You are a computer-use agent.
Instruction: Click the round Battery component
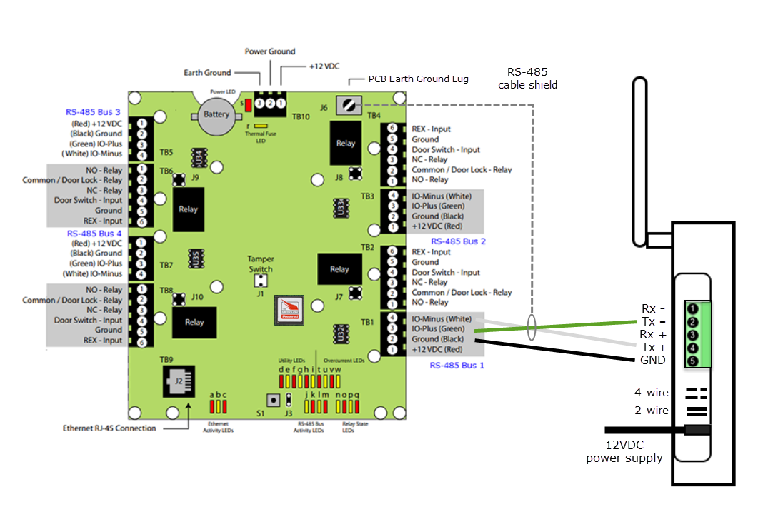tap(216, 115)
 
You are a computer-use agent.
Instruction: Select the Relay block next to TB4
tap(346, 143)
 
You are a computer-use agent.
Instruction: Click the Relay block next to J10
tap(194, 322)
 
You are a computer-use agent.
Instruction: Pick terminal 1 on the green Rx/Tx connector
tap(692, 309)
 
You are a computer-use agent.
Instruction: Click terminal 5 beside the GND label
tap(692, 361)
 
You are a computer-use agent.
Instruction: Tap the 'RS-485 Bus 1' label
tap(457, 366)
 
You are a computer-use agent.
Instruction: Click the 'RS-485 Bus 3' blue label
tap(93, 112)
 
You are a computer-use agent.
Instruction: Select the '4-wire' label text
tap(652, 392)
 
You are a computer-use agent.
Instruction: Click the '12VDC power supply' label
tap(624, 451)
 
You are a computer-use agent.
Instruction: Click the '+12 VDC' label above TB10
tap(324, 66)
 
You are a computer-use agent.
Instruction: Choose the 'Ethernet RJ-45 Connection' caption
tap(109, 428)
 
